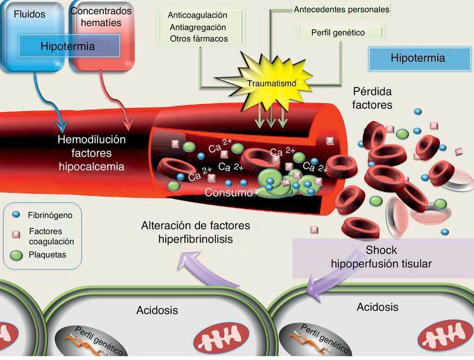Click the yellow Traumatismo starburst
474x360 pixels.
pyautogui.click(x=271, y=82)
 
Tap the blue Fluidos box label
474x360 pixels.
pyautogui.click(x=30, y=14)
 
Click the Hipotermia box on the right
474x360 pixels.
pyautogui.click(x=418, y=58)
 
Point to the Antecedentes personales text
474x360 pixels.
pyautogui.click(x=342, y=9)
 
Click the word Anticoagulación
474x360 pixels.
pyautogui.click(x=197, y=15)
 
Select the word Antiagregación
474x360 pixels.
pyautogui.click(x=198, y=27)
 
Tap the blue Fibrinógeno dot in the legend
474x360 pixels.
pyautogui.click(x=16, y=215)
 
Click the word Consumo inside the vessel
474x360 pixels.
pyautogui.click(x=229, y=193)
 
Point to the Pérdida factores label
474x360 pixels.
pyautogui.click(x=372, y=98)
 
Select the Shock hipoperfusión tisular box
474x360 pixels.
pyautogui.click(x=381, y=257)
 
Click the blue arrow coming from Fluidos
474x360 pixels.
pyautogui.click(x=49, y=102)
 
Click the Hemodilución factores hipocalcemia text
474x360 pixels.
pyautogui.click(x=91, y=153)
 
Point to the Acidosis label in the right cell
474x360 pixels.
pyautogui.click(x=377, y=307)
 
